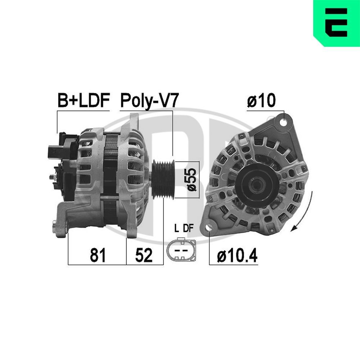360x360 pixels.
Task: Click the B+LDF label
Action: [x=83, y=101]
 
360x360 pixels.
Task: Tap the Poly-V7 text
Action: [x=149, y=101]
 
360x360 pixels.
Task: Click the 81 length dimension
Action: [x=98, y=255]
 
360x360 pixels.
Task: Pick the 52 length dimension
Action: [x=144, y=255]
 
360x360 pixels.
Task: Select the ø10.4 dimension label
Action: [x=237, y=256]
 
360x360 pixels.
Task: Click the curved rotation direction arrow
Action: [x=305, y=212]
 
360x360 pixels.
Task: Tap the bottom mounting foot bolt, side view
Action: [x=58, y=228]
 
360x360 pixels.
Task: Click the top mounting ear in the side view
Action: [x=134, y=121]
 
